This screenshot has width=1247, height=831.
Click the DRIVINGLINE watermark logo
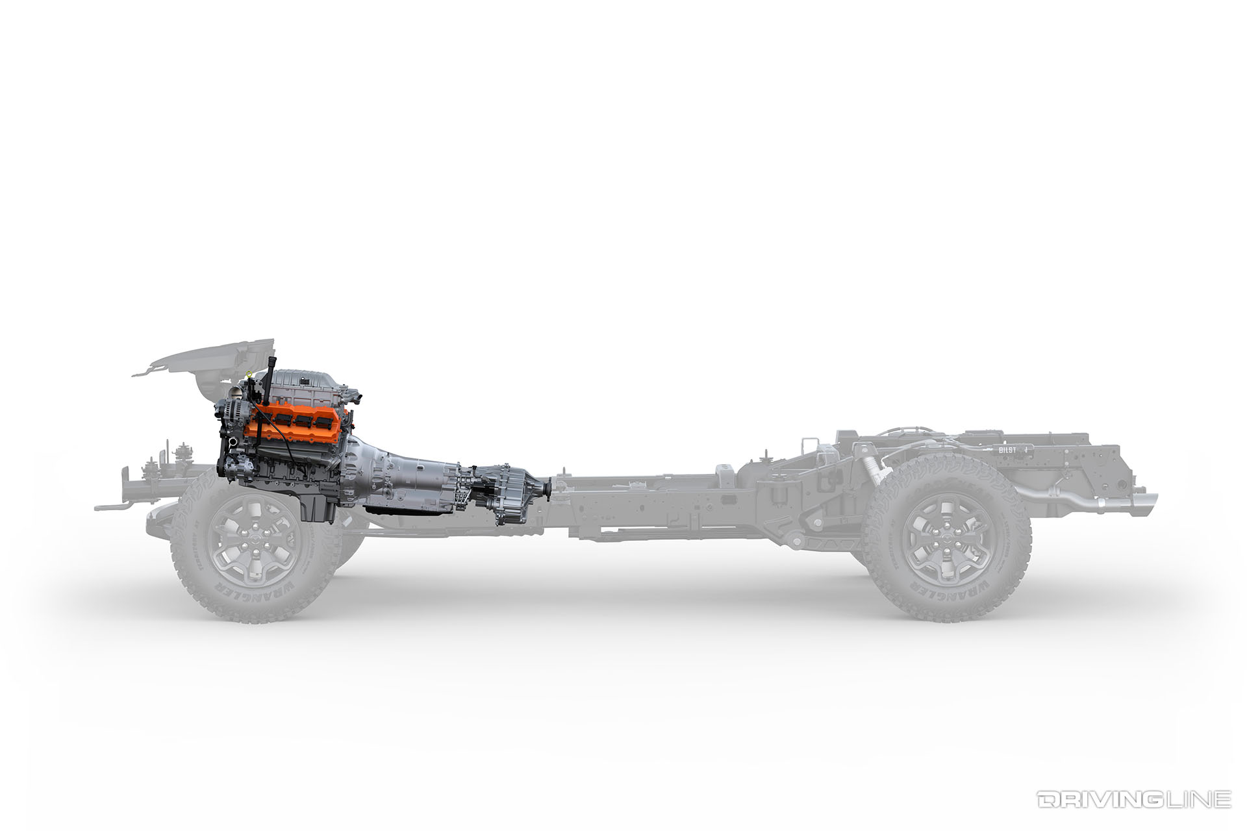(x=1133, y=799)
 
